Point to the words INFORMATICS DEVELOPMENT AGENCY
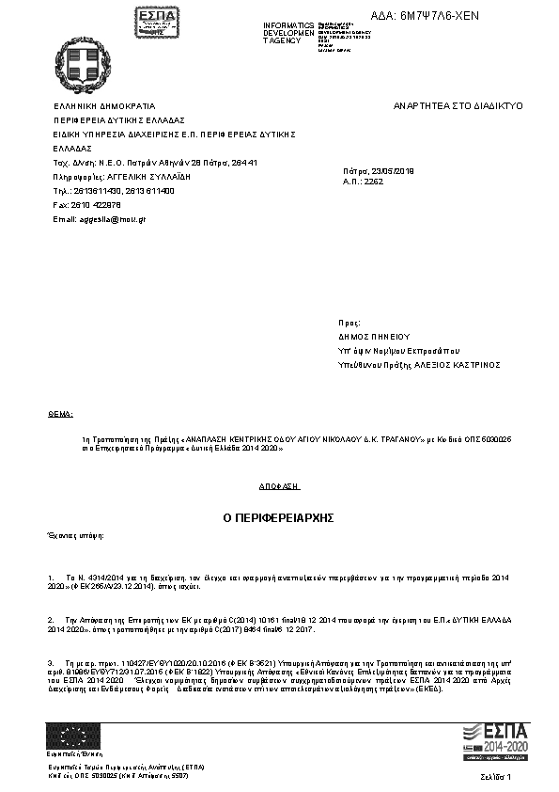(x=289, y=33)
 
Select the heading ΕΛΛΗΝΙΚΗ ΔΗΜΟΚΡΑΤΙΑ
(x=104, y=106)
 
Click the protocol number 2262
(x=373, y=180)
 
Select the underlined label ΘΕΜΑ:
(x=59, y=413)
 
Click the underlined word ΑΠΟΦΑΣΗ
(x=279, y=486)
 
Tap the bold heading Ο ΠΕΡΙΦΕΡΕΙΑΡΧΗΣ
(x=278, y=518)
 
